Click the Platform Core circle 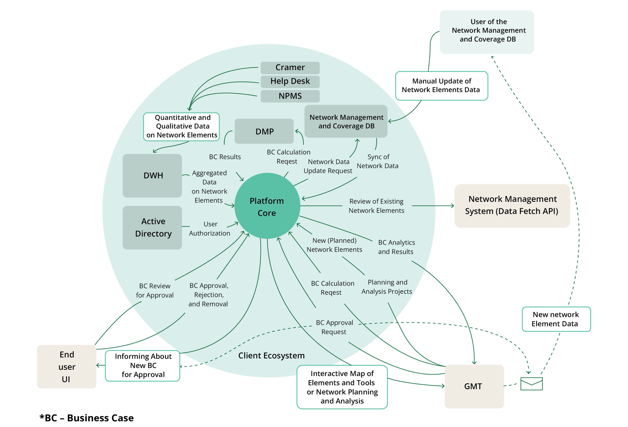267,206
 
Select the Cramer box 290,68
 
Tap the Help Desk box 290,82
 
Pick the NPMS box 290,96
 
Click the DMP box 264,131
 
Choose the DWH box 152,176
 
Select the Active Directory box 152,227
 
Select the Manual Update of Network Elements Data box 441,86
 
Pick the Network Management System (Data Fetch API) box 512,206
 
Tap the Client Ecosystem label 271,356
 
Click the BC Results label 224,157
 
